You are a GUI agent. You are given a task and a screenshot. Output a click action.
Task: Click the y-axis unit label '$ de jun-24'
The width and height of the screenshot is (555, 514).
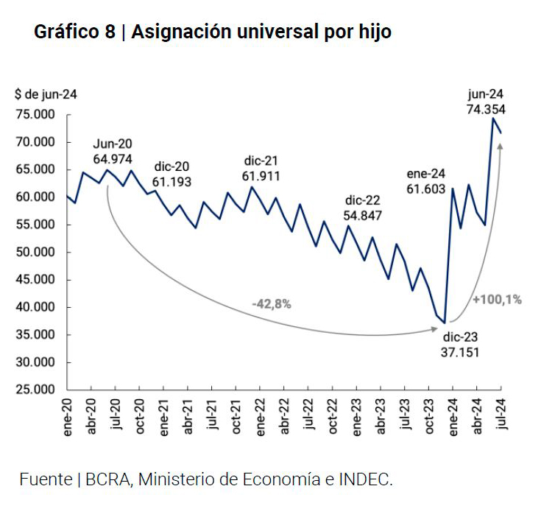click(45, 95)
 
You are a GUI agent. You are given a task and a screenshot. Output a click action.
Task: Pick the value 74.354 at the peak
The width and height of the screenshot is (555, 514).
click(485, 109)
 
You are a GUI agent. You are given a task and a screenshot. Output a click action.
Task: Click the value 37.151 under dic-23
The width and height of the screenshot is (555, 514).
click(461, 353)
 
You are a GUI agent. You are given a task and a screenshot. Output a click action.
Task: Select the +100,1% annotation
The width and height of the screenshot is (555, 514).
click(497, 299)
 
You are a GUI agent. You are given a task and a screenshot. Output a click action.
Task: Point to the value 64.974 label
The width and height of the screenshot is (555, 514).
click(113, 158)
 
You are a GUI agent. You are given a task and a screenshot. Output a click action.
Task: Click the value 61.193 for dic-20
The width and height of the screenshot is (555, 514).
click(172, 180)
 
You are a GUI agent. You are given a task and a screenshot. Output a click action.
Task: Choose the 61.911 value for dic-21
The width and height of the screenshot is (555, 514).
click(261, 176)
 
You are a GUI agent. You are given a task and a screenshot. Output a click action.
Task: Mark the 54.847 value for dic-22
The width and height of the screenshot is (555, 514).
click(363, 216)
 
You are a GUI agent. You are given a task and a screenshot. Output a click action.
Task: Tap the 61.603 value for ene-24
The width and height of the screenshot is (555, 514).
click(426, 189)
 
